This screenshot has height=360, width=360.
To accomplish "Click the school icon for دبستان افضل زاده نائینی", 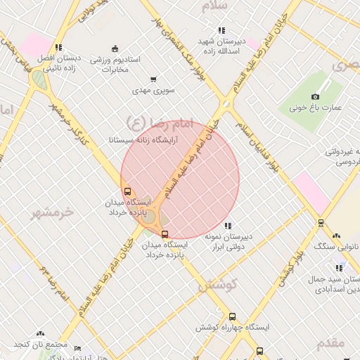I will [58, 47].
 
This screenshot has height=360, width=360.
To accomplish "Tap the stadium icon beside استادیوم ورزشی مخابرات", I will [115, 48].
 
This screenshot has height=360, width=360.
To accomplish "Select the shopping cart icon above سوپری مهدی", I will [153, 79].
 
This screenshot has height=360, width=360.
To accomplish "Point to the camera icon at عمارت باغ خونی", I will [315, 96].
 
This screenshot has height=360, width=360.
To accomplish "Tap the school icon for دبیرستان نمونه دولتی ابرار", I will [226, 226].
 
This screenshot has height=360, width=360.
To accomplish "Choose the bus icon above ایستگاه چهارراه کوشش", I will [232, 316].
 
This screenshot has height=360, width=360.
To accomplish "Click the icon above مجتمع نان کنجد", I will [40, 334].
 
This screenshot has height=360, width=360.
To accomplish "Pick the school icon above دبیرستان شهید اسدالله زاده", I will [221, 30].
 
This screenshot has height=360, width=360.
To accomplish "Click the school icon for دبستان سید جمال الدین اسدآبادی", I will [340, 268].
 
